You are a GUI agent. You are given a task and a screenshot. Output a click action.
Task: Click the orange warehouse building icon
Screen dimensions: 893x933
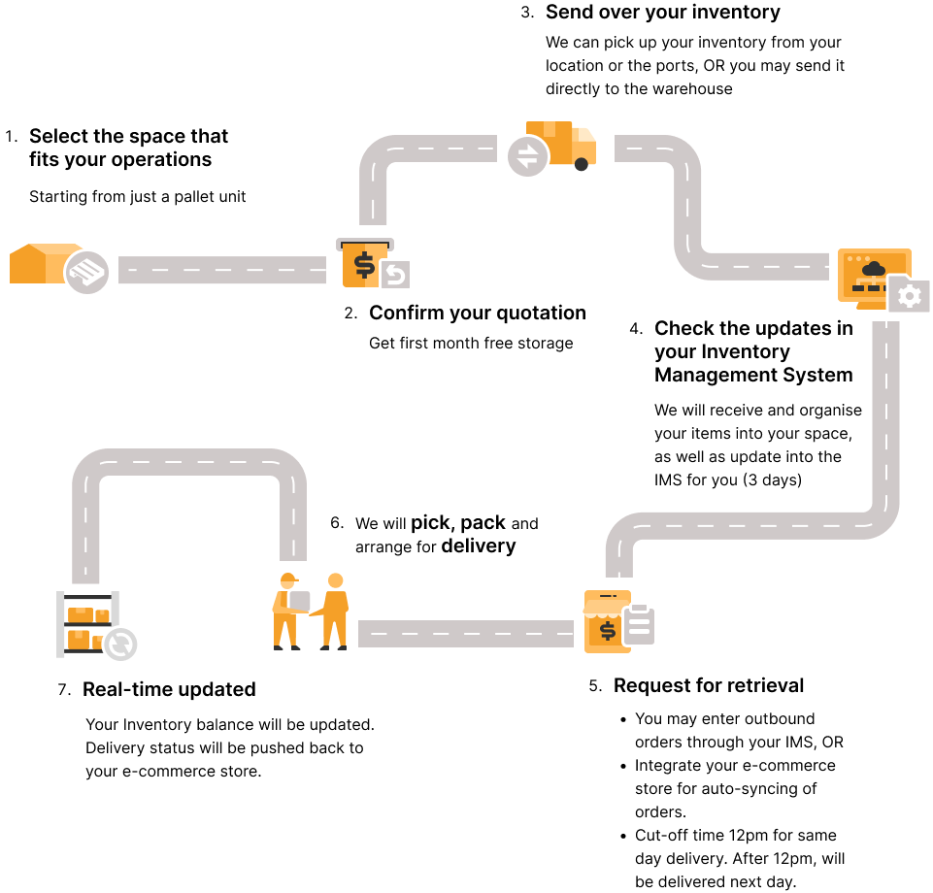pos(37,263)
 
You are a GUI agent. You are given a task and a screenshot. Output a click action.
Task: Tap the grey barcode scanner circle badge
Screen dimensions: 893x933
pos(87,273)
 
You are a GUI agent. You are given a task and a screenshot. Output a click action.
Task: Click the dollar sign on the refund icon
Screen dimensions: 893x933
pos(364,264)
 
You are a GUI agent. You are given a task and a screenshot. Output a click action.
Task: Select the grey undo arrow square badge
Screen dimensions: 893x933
pos(395,275)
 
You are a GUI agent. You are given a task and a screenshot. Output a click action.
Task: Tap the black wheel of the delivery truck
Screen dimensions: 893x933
pos(582,164)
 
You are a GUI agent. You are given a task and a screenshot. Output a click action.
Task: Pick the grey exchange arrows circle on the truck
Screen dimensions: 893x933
pos(527,156)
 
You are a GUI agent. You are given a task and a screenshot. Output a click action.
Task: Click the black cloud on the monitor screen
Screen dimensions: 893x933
pos(874,269)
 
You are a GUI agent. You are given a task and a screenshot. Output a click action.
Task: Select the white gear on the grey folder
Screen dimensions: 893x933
pos(910,296)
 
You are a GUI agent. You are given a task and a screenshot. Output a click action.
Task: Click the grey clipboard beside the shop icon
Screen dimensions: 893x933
pos(639,625)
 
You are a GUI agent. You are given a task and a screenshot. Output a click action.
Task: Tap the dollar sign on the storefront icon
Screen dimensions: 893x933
pos(608,631)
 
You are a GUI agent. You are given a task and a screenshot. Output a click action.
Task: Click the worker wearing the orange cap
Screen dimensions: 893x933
pos(285,612)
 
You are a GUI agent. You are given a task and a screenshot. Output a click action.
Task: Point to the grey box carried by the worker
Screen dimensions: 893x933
pos(300,602)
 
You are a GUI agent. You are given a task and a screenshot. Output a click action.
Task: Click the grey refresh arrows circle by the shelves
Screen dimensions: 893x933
pos(121,645)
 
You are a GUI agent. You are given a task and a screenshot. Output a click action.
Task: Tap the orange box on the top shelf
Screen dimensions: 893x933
pos(81,614)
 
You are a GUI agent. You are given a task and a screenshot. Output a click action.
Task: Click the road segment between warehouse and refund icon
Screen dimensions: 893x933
pos(221,270)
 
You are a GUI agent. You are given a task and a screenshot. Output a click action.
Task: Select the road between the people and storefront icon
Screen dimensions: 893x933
pos(466,634)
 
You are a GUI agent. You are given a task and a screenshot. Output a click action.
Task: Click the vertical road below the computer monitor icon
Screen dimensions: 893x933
pos(884,408)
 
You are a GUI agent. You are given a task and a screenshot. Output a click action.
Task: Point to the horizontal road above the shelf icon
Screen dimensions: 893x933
pos(189,462)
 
